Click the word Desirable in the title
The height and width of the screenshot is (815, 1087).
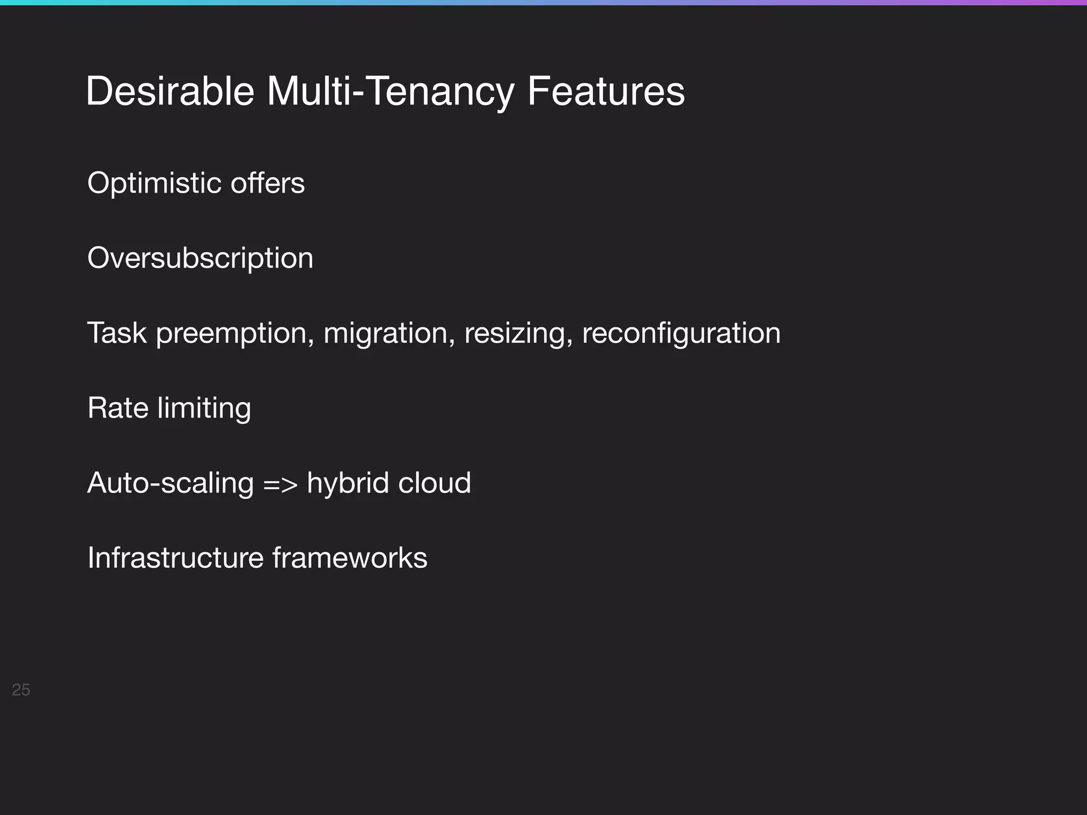click(170, 92)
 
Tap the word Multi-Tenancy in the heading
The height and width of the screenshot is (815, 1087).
click(390, 92)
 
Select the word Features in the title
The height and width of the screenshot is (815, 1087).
click(606, 92)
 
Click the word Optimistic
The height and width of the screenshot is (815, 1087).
click(154, 184)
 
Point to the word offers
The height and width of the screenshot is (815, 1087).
click(268, 184)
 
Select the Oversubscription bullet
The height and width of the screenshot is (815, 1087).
click(200, 258)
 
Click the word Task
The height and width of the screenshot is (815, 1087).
click(117, 333)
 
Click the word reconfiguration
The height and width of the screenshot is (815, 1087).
click(681, 334)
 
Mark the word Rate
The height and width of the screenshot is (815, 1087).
click(118, 408)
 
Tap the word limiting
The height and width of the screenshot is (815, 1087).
click(204, 409)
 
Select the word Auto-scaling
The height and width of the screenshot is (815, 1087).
click(170, 483)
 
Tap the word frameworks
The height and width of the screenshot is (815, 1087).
click(350, 558)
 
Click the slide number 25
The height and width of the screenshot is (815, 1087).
click(21, 690)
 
